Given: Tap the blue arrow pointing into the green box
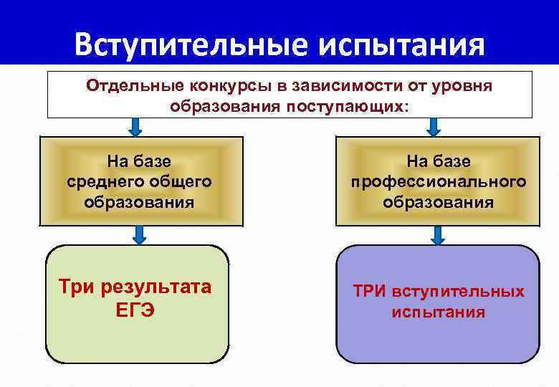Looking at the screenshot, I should click(139, 234).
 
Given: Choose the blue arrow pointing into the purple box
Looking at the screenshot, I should click(437, 234).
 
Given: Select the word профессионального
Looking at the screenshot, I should click(438, 182).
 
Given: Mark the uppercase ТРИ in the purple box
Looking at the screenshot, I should click(369, 292).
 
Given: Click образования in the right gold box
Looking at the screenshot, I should click(438, 202).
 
